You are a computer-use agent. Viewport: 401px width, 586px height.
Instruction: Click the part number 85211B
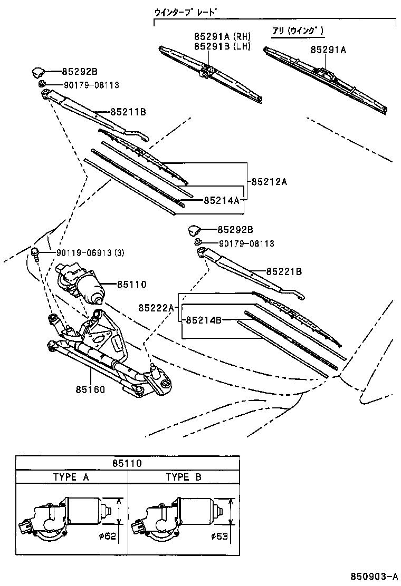128,112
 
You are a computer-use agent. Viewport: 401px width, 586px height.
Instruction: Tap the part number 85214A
222,200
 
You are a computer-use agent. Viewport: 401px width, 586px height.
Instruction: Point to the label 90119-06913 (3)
90,252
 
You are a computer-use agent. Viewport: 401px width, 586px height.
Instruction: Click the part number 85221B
284,271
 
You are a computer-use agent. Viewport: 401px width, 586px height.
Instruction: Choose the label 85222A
156,307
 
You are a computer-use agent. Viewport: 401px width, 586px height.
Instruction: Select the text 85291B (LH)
222,46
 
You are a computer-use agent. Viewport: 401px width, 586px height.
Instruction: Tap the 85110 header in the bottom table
127,463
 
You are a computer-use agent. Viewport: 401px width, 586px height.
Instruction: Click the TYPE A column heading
71,477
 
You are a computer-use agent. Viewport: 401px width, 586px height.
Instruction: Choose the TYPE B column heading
184,477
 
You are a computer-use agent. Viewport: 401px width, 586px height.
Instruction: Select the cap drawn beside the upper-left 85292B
39,72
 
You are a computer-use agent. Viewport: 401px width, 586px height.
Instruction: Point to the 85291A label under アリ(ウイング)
328,50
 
